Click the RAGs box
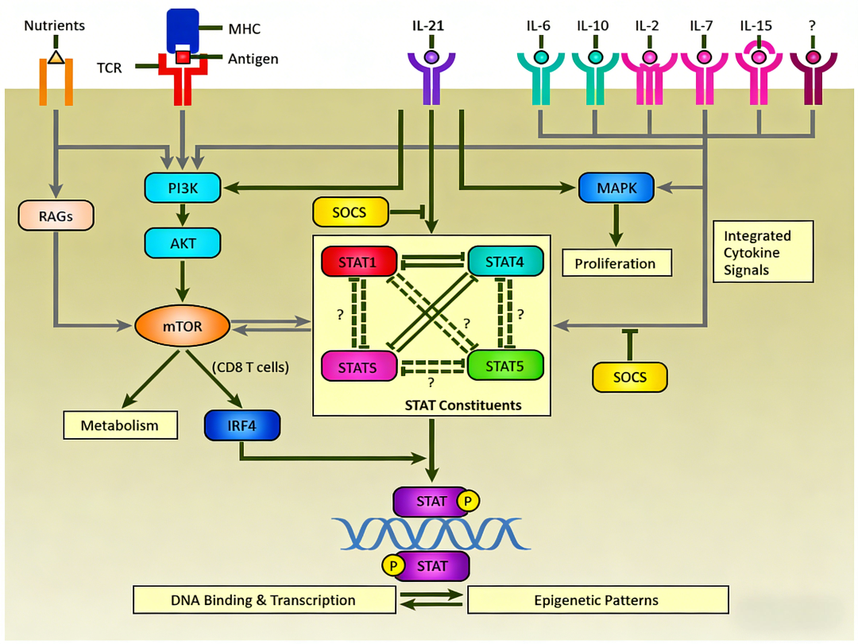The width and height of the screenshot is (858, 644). click(x=55, y=215)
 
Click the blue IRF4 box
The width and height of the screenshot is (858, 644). click(x=242, y=425)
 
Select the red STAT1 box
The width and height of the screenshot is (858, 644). click(x=359, y=261)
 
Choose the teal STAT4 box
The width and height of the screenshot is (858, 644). click(x=506, y=261)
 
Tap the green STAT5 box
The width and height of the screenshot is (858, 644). click(x=505, y=366)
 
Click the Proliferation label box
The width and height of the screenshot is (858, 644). click(x=616, y=263)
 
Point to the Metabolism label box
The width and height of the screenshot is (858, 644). click(x=120, y=425)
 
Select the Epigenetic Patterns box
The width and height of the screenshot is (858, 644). click(x=597, y=599)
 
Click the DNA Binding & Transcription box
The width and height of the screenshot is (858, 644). click(x=265, y=599)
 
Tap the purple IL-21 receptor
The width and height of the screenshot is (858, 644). click(x=431, y=76)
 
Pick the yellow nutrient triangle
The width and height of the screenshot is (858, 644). click(x=55, y=56)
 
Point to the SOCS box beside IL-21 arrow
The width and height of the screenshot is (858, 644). click(x=350, y=211)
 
